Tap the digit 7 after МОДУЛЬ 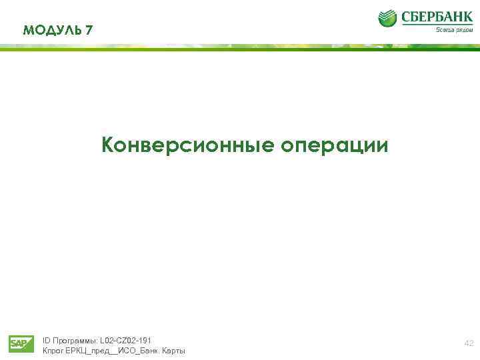pos(89,30)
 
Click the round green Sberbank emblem pos(387,19)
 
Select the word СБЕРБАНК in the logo pos(436,17)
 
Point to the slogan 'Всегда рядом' pos(455,30)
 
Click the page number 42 pos(469,343)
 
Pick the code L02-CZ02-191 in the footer pos(125,340)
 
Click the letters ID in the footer pos(46,340)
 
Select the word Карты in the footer pos(173,351)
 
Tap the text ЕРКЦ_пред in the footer pos(87,351)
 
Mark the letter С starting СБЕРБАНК pos(405,17)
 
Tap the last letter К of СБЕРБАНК pos(467,17)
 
